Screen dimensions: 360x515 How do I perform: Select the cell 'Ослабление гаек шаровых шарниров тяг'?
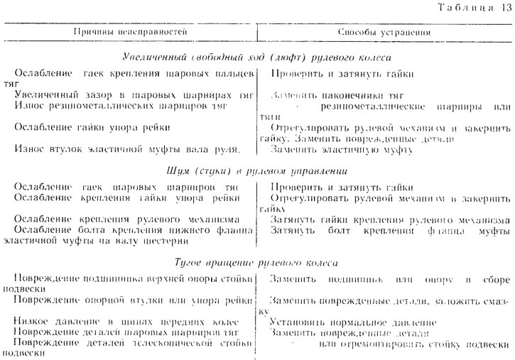point(129,187)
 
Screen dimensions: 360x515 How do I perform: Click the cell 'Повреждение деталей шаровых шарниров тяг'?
point(129,333)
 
